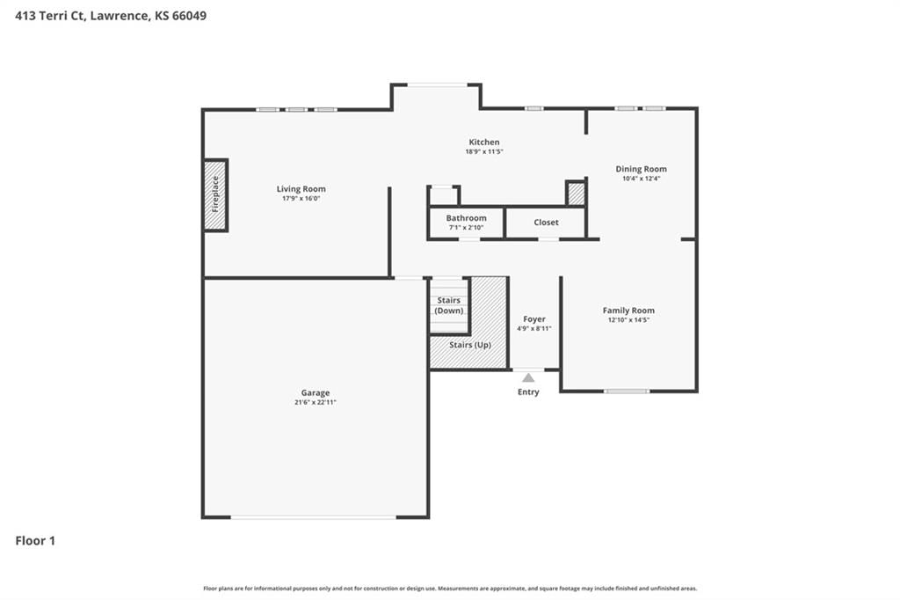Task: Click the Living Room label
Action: coord(301,188)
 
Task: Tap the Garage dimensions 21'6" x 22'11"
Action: coord(316,402)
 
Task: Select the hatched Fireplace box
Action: coord(216,195)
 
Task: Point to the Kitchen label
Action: coord(484,142)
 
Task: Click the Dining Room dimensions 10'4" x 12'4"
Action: coord(641,179)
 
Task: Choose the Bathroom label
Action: coord(466,218)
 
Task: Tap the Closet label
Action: coord(546,223)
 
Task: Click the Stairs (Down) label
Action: coord(449,305)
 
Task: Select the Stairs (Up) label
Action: coord(470,345)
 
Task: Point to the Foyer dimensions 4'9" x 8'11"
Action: coord(533,329)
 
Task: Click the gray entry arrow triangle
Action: coord(528,377)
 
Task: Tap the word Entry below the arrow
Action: coord(528,392)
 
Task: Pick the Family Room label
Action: coord(628,311)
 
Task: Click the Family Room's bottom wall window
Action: coord(626,391)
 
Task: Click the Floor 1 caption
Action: coord(35,541)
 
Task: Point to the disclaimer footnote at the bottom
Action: coord(450,589)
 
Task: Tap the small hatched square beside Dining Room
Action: coord(576,193)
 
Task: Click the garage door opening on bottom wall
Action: coord(314,517)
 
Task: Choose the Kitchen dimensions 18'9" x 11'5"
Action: coord(484,151)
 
